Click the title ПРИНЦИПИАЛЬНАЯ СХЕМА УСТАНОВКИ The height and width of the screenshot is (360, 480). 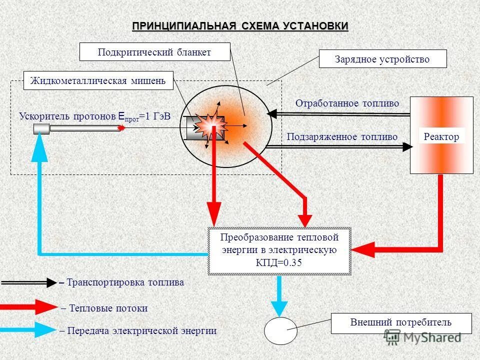[240, 26]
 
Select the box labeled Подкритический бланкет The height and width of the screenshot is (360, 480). [155, 52]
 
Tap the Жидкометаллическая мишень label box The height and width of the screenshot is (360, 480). [98, 80]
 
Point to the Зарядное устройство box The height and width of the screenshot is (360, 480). [382, 59]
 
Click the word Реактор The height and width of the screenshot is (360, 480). [441, 136]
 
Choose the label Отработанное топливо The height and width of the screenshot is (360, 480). [347, 103]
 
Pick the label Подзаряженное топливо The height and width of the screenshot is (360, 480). [342, 136]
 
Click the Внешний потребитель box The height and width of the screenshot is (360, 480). [401, 323]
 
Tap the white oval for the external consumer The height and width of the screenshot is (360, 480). [280, 331]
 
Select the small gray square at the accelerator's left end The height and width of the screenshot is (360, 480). [41, 129]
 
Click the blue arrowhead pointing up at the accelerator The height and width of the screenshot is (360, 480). [39, 149]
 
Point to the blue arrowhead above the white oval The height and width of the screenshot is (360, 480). [279, 306]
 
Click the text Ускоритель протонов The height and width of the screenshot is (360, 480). [67, 116]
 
